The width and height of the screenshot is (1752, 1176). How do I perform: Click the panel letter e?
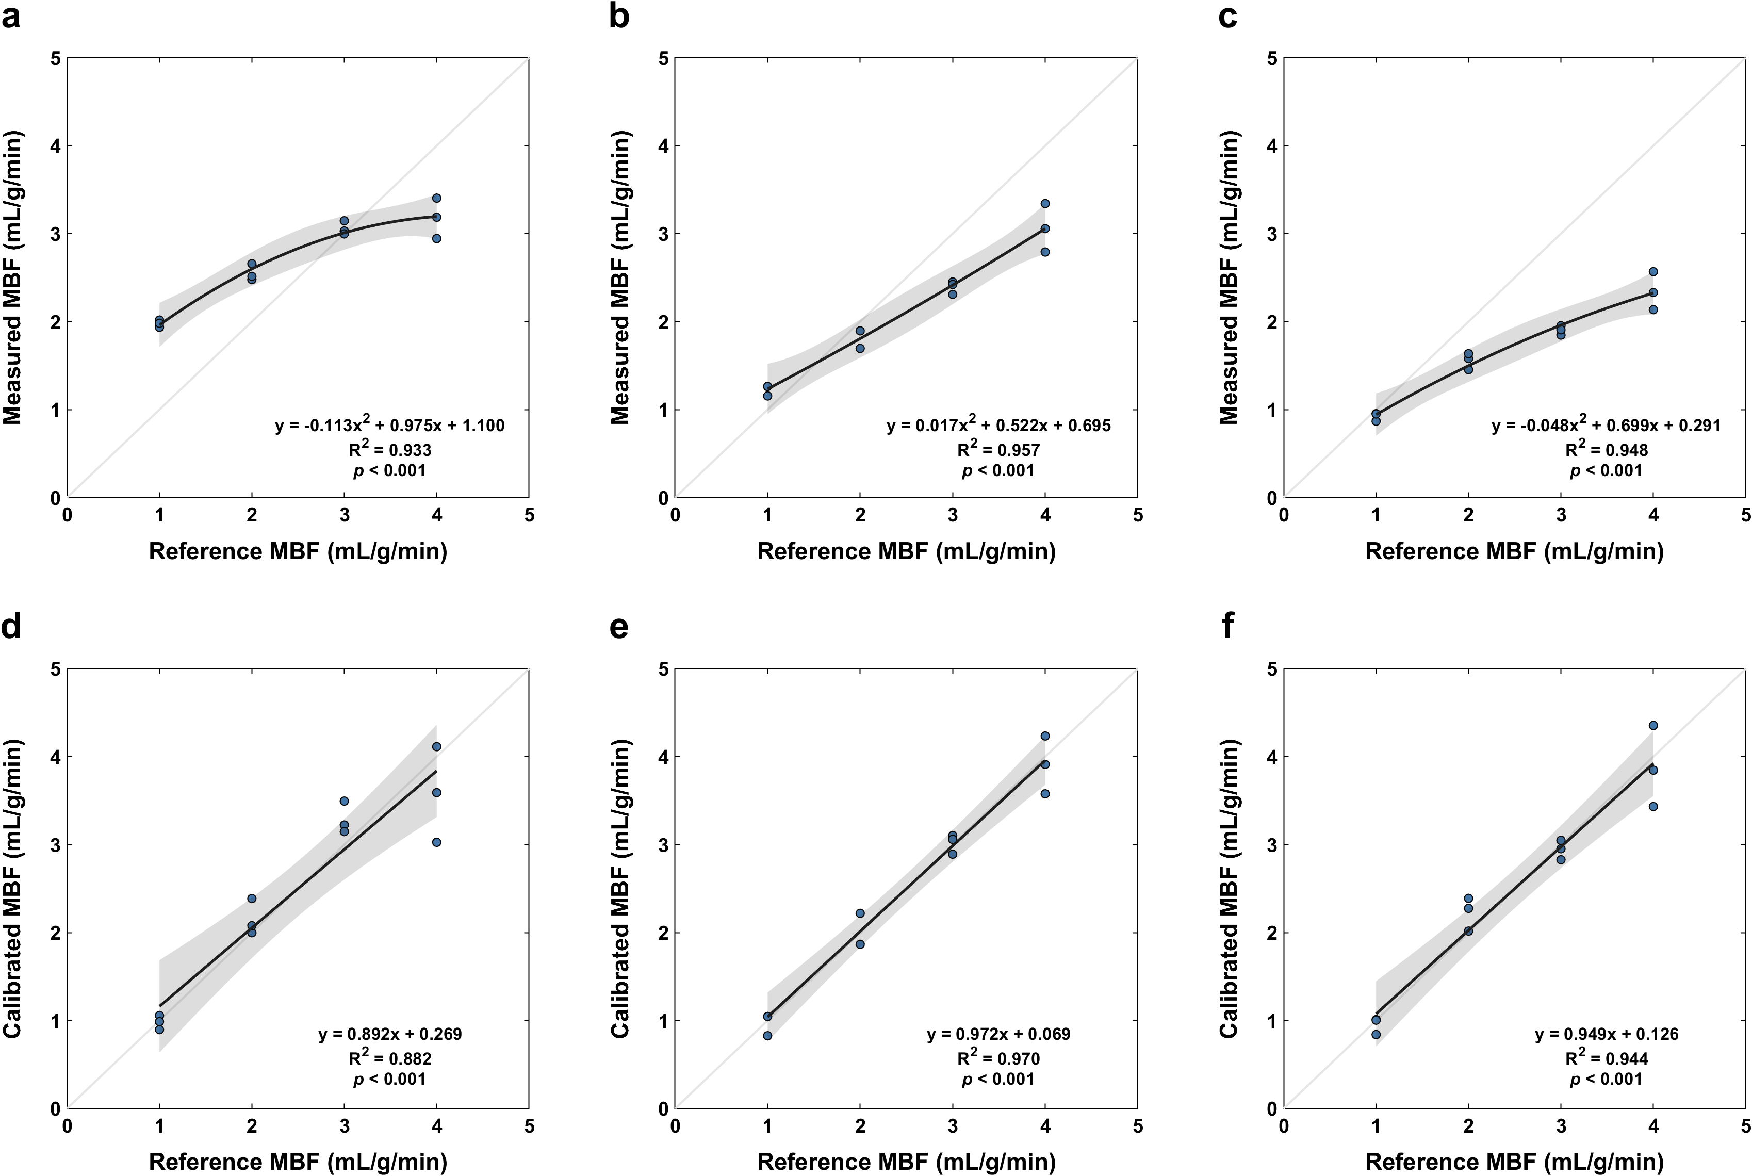point(619,626)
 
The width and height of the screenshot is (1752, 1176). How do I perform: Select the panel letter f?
point(1228,626)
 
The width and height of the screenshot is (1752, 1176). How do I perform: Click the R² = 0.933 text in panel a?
point(389,449)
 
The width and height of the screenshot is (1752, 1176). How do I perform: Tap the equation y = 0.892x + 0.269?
point(390,1034)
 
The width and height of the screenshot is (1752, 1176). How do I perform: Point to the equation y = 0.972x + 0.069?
point(998,1034)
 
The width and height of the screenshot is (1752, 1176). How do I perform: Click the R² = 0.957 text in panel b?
point(998,449)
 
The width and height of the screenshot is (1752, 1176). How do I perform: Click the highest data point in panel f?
point(1653,725)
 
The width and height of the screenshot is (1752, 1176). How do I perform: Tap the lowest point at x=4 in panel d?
point(436,842)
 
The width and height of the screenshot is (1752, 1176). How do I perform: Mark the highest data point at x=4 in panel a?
point(436,198)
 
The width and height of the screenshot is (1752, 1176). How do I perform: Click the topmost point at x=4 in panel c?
point(1653,271)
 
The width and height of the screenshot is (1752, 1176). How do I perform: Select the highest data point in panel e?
point(1045,736)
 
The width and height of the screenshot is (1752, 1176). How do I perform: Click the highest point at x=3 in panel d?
point(344,801)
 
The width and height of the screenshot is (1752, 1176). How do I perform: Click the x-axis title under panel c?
point(1514,551)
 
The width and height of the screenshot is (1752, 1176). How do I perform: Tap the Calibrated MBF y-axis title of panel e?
point(620,888)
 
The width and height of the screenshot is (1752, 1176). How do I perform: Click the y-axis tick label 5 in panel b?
point(663,58)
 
